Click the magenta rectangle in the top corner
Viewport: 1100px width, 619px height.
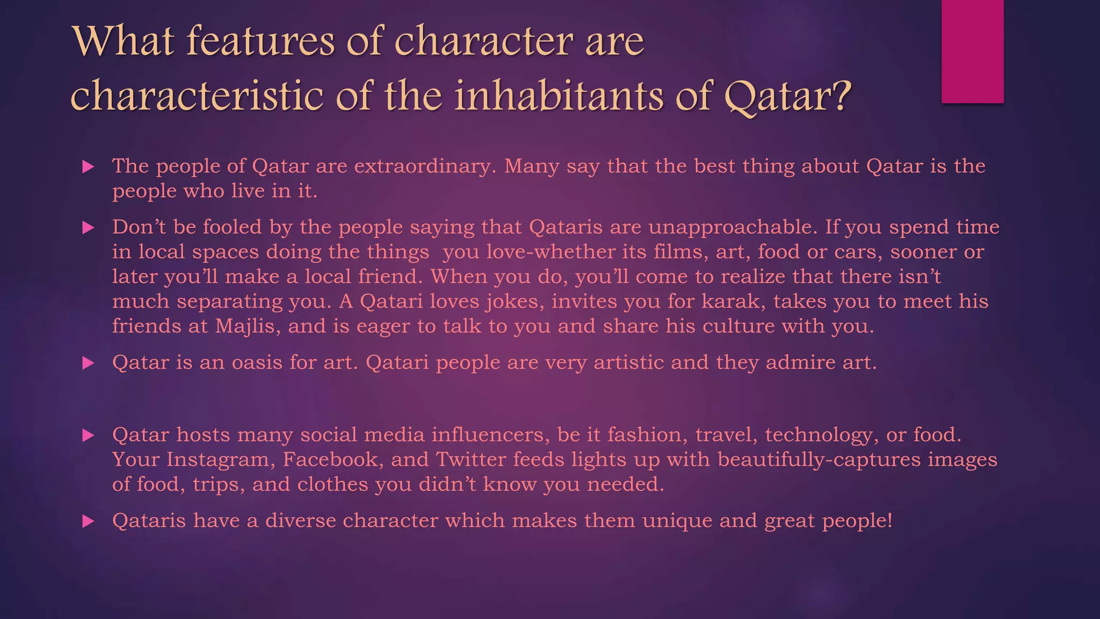pos(972,51)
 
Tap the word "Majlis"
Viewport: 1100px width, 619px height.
pos(247,326)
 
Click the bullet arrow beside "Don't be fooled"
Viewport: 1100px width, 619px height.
pos(88,228)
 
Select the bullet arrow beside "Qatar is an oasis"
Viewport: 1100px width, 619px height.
pos(88,363)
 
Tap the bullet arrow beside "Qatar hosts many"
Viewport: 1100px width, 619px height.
pos(88,435)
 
